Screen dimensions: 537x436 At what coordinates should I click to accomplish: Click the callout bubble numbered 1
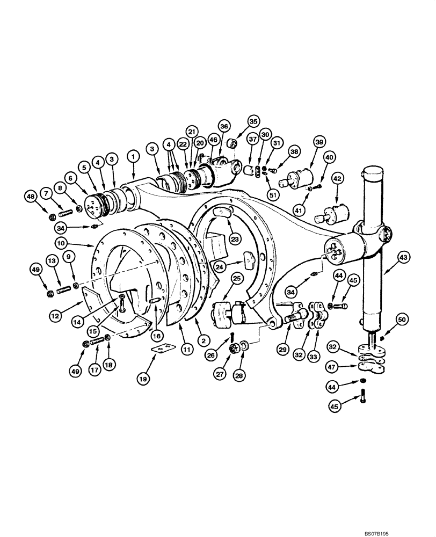tap(133, 156)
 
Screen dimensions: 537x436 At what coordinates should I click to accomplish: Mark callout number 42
tap(338, 178)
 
